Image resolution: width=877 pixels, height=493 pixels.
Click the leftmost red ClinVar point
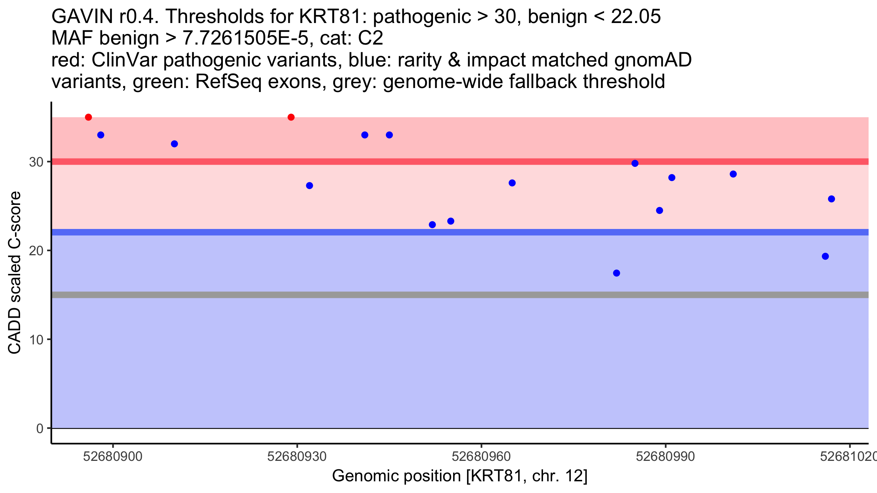(x=88, y=117)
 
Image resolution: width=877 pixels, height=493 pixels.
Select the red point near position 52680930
(x=291, y=117)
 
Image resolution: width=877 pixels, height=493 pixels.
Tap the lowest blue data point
(x=616, y=273)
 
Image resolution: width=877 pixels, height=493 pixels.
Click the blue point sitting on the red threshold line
(x=635, y=163)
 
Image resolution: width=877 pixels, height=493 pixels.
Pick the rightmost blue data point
(x=831, y=199)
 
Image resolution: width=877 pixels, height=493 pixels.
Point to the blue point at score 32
(x=174, y=144)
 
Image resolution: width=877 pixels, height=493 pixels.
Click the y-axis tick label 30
(x=36, y=162)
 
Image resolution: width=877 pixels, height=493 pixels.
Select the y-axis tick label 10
(x=36, y=340)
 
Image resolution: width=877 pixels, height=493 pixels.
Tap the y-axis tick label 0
(x=40, y=428)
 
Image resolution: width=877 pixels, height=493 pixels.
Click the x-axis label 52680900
(x=113, y=457)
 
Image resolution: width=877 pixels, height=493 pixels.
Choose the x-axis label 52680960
(x=481, y=457)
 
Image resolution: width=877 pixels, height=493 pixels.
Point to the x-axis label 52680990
(x=665, y=457)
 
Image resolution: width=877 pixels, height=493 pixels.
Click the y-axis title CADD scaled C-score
(x=15, y=273)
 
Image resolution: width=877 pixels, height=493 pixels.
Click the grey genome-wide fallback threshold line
(x=438, y=295)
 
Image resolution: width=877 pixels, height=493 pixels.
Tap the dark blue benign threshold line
(x=438, y=232)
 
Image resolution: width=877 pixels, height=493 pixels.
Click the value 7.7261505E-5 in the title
(x=246, y=38)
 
